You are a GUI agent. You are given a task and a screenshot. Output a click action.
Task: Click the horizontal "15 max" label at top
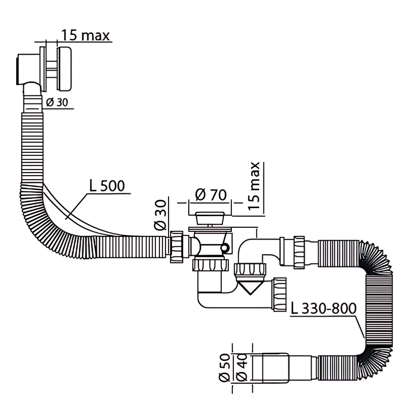[85, 35]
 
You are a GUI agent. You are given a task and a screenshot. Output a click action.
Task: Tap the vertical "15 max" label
[254, 186]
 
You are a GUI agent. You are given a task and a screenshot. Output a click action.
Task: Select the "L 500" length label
[107, 186]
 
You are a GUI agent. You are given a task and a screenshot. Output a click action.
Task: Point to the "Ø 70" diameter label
[211, 195]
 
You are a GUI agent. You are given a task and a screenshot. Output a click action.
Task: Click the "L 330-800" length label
[323, 308]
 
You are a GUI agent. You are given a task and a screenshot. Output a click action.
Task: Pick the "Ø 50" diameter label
[224, 367]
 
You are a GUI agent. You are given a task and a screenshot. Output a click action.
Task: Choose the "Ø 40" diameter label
[242, 367]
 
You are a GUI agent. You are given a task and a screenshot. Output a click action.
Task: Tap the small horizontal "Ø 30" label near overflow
[57, 103]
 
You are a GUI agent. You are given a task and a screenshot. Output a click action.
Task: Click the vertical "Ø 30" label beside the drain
[160, 215]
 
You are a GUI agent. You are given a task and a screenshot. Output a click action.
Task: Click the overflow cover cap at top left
[64, 69]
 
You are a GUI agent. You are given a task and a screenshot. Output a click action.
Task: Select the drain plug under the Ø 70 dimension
[210, 218]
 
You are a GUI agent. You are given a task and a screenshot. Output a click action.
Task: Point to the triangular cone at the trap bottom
[249, 288]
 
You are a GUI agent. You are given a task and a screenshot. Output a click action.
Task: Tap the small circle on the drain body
[224, 248]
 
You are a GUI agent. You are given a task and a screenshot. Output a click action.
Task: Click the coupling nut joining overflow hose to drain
[177, 247]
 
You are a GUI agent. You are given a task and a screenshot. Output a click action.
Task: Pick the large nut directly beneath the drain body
[211, 265]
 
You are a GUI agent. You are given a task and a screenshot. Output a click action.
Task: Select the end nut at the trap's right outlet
[280, 294]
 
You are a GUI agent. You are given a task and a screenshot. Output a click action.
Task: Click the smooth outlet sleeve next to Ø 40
[275, 367]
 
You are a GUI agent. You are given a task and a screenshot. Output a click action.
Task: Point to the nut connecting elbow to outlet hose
[299, 252]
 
